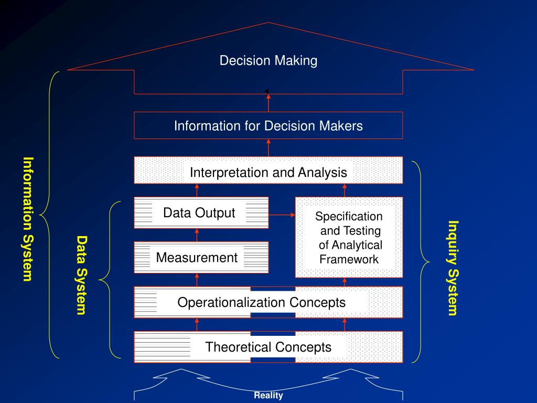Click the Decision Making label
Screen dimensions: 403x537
[x=268, y=61]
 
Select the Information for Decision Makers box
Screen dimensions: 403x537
[x=268, y=126]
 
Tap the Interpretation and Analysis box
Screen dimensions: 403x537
[x=268, y=172]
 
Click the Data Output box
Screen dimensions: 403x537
[x=199, y=213]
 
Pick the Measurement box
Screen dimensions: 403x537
[x=197, y=258]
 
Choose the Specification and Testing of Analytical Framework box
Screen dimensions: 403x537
[x=349, y=237]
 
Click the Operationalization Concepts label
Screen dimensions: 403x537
[x=261, y=303]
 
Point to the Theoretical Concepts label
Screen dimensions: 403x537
[x=268, y=347]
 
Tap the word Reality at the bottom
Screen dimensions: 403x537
[x=268, y=396]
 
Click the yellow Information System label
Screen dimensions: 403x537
[x=28, y=219]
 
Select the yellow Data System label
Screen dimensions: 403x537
[x=81, y=275]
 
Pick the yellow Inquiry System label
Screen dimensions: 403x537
[x=453, y=268]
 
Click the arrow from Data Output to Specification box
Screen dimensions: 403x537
[x=282, y=215]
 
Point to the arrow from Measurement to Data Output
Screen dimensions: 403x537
[x=197, y=235]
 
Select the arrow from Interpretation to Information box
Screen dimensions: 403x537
[x=268, y=147]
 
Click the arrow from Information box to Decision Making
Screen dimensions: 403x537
[x=268, y=102]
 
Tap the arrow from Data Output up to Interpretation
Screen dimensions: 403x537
[x=197, y=190]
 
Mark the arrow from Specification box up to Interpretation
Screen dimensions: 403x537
[x=345, y=190]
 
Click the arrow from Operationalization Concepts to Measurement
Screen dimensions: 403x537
[x=197, y=280]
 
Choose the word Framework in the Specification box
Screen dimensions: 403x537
[x=349, y=259]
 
